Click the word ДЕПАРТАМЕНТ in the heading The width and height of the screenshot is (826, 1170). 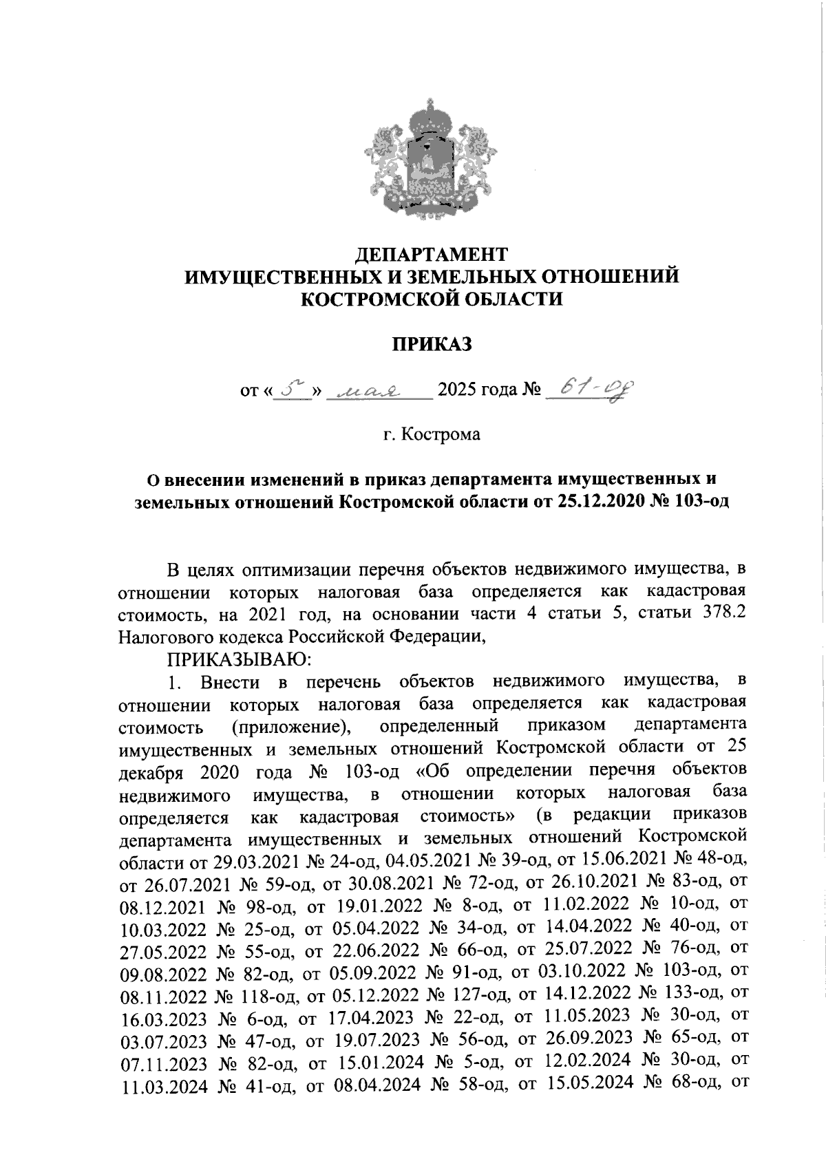click(432, 255)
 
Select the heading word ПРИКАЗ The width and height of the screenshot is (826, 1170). click(432, 343)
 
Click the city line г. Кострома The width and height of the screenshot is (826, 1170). click(432, 435)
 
